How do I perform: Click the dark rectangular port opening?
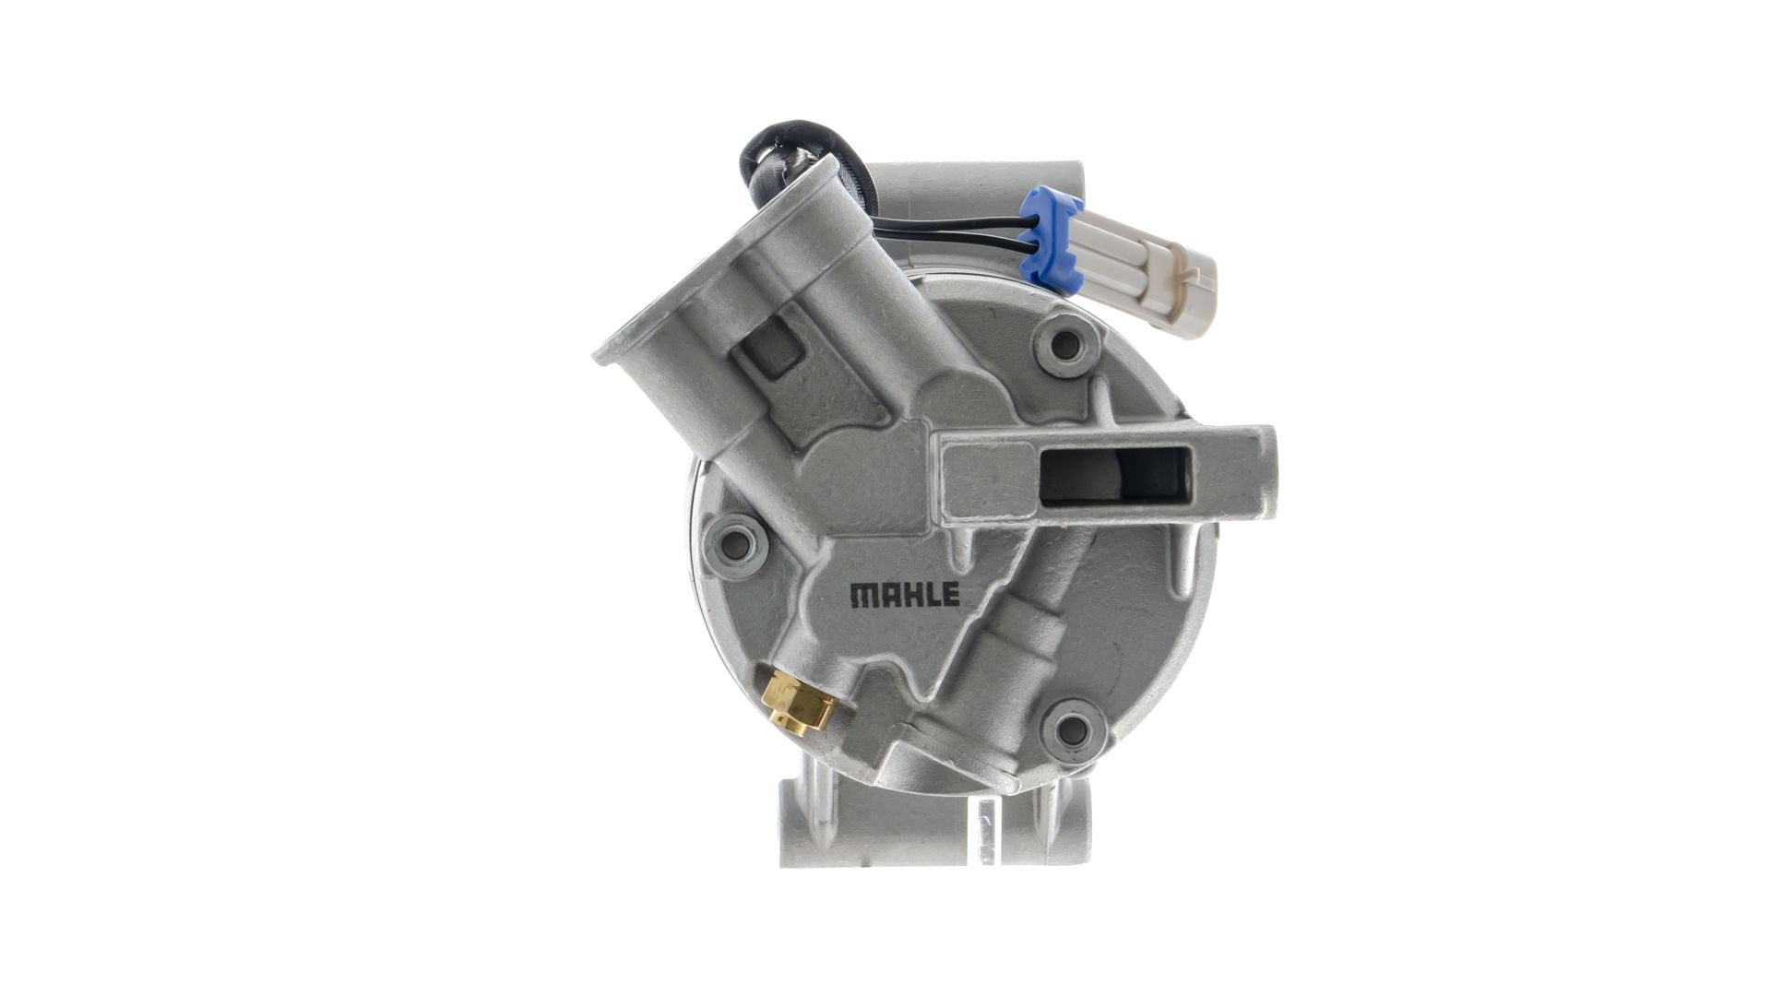pos(1115,480)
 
